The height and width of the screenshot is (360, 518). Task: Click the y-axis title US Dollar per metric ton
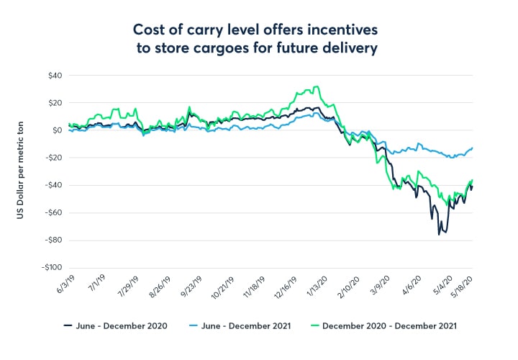coord(26,171)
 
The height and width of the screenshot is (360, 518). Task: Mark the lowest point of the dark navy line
coord(439,234)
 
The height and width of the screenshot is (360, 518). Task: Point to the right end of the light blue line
coord(472,148)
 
